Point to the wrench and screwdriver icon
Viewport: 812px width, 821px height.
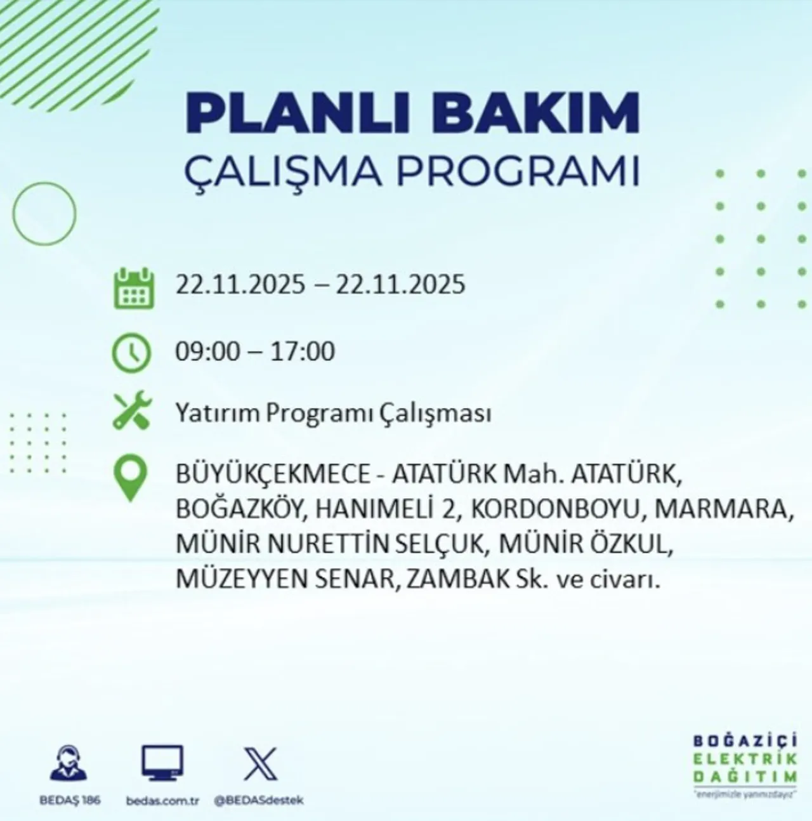pyautogui.click(x=131, y=410)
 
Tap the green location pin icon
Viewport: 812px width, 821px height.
pyautogui.click(x=129, y=479)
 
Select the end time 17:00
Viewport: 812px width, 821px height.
pyautogui.click(x=300, y=351)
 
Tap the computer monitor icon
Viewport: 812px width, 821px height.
pyautogui.click(x=162, y=764)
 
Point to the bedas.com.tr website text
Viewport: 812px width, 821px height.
pyautogui.click(x=162, y=801)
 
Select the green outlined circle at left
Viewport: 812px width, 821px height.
pyautogui.click(x=44, y=214)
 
